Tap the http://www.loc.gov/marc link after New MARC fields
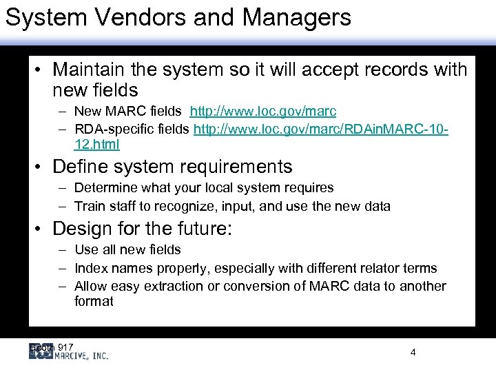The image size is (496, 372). point(262,112)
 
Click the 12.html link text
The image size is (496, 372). point(96,144)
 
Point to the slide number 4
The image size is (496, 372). point(413,353)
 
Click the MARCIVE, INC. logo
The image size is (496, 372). point(69,353)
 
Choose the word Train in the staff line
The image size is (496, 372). point(88,206)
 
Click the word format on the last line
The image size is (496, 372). point(94,302)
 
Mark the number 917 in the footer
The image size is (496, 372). point(66,346)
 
